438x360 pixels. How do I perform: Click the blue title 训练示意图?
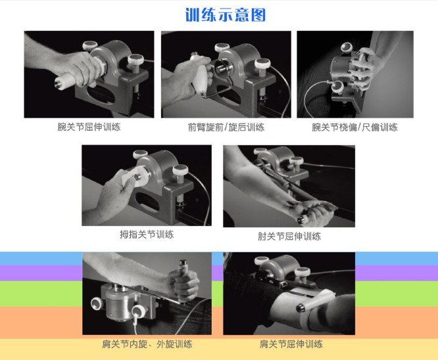point(225,15)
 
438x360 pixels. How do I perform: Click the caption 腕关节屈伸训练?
point(89,127)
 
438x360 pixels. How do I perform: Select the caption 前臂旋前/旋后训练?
point(226,127)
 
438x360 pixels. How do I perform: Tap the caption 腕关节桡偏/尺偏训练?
point(354,127)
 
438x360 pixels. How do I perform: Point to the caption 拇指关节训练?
point(147,234)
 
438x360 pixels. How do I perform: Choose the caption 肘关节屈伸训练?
point(289,236)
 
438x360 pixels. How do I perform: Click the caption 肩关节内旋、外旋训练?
point(147,344)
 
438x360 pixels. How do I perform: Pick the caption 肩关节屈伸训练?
point(291,344)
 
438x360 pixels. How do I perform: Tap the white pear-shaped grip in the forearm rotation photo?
point(200,74)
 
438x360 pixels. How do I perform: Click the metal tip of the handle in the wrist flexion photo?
point(59,83)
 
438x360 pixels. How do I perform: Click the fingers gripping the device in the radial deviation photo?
point(363,68)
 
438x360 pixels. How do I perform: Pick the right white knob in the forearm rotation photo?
point(262,63)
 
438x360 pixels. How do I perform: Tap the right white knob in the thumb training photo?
point(180,170)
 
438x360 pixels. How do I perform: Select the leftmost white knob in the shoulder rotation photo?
point(97,304)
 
